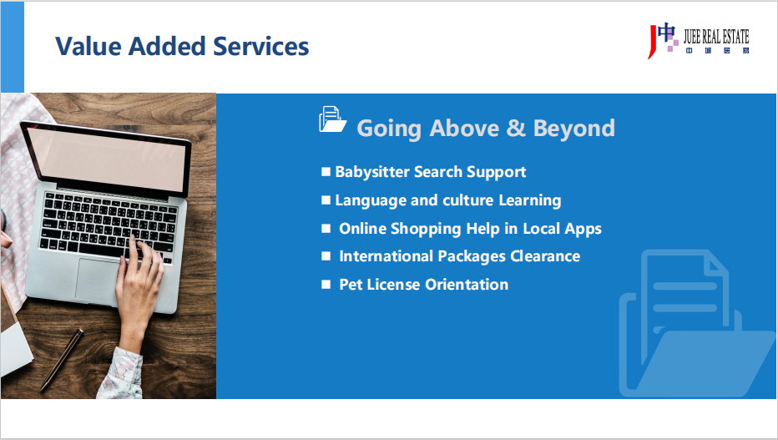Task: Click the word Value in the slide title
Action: coord(88,46)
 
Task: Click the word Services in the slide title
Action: coord(260,46)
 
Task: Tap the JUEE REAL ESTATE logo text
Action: coord(716,36)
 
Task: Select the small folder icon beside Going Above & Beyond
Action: coord(332,119)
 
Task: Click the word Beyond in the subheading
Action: coord(574,129)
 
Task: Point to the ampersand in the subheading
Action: coord(516,128)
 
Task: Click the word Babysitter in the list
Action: coord(372,172)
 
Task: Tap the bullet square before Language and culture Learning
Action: coord(326,200)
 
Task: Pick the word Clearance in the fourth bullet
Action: coord(545,256)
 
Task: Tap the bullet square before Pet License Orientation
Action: coord(326,284)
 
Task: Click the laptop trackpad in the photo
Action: coord(99,281)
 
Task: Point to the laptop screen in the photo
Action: coord(106,159)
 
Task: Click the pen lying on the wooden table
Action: coord(62,361)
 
